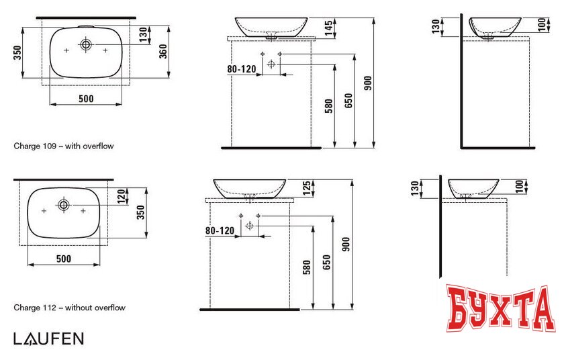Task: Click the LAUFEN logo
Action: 48,339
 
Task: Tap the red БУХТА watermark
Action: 500,308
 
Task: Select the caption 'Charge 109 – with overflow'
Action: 64,146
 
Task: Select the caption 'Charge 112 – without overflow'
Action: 69,308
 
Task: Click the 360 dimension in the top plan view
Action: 163,51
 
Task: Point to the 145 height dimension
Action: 328,28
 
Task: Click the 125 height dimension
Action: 306,189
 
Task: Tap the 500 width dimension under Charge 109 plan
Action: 86,99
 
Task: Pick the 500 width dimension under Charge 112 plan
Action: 64,259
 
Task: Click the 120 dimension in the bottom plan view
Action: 122,196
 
